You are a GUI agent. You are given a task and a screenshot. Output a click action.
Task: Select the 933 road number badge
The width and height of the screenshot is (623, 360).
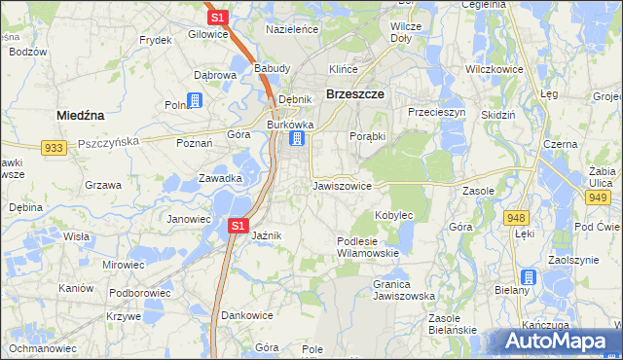click(x=55, y=147)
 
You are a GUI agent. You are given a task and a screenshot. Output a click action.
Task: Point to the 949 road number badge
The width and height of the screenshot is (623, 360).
click(x=597, y=197)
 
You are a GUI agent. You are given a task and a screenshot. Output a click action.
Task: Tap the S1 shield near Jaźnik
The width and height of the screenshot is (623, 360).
click(x=238, y=226)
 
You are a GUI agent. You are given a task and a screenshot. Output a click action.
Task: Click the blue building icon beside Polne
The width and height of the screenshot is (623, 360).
click(x=195, y=100)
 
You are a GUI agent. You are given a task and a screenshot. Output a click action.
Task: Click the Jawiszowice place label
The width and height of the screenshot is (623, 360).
click(x=342, y=185)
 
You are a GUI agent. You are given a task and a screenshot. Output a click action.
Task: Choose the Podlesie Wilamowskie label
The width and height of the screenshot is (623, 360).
click(x=368, y=246)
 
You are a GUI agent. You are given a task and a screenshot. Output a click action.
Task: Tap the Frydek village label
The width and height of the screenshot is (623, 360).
click(x=155, y=40)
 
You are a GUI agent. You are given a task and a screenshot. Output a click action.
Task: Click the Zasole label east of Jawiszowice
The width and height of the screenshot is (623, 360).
click(x=479, y=191)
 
